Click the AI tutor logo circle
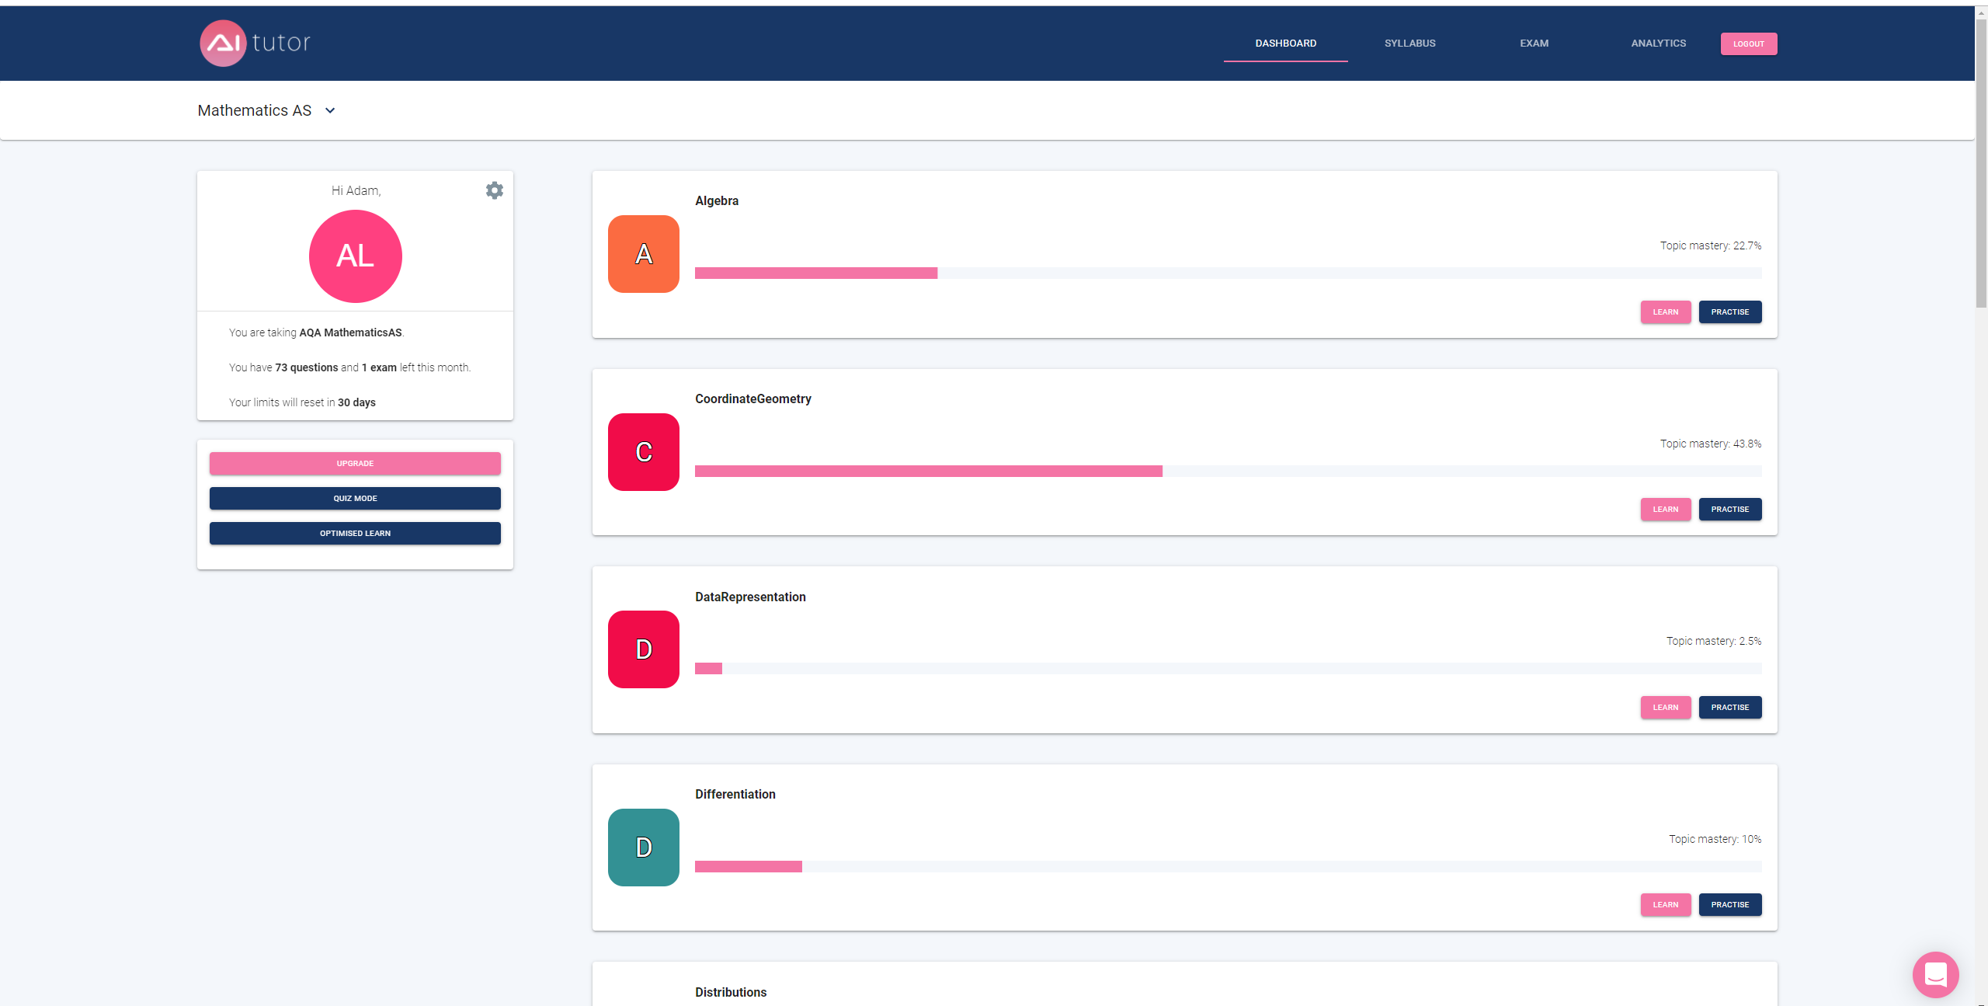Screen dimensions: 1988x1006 click(x=224, y=43)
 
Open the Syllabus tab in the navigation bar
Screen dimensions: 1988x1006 click(x=1409, y=44)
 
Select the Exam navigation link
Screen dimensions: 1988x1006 click(x=1534, y=44)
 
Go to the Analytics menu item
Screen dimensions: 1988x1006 click(x=1658, y=44)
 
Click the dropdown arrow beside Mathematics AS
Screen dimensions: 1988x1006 click(x=330, y=110)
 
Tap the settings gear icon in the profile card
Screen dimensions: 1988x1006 click(x=495, y=190)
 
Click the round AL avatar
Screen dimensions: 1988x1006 click(x=356, y=256)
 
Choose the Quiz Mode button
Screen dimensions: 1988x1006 click(x=355, y=499)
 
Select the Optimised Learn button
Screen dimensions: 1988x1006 click(x=355, y=534)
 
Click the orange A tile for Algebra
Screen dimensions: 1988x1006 click(x=644, y=254)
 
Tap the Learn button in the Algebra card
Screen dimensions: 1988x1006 click(x=1665, y=312)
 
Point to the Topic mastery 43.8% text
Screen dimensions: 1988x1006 click(x=1711, y=444)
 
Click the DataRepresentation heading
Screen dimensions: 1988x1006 click(x=750, y=597)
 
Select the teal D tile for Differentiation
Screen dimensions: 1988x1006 click(x=644, y=848)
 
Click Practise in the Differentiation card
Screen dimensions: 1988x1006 click(x=1730, y=905)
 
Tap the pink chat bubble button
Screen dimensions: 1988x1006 click(x=1936, y=974)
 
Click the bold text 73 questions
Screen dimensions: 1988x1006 click(x=307, y=367)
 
